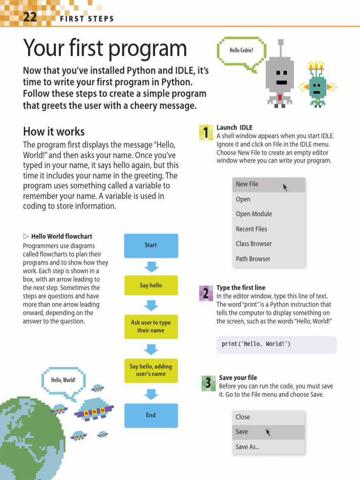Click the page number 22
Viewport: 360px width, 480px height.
(x=29, y=17)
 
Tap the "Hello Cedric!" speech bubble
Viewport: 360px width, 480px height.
(x=241, y=51)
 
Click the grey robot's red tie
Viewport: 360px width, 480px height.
(x=280, y=97)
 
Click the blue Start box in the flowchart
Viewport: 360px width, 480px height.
(x=151, y=245)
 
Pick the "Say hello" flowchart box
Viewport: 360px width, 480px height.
(x=151, y=285)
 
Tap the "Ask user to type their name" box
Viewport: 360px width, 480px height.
(x=151, y=326)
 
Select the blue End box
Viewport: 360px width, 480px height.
(x=151, y=415)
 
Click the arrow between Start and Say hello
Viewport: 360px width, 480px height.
(x=151, y=267)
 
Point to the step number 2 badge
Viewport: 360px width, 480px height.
(x=205, y=294)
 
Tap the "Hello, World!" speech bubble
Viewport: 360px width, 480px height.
(x=63, y=380)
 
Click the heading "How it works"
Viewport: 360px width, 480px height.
(x=54, y=131)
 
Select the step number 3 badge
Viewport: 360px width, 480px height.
(x=208, y=383)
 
